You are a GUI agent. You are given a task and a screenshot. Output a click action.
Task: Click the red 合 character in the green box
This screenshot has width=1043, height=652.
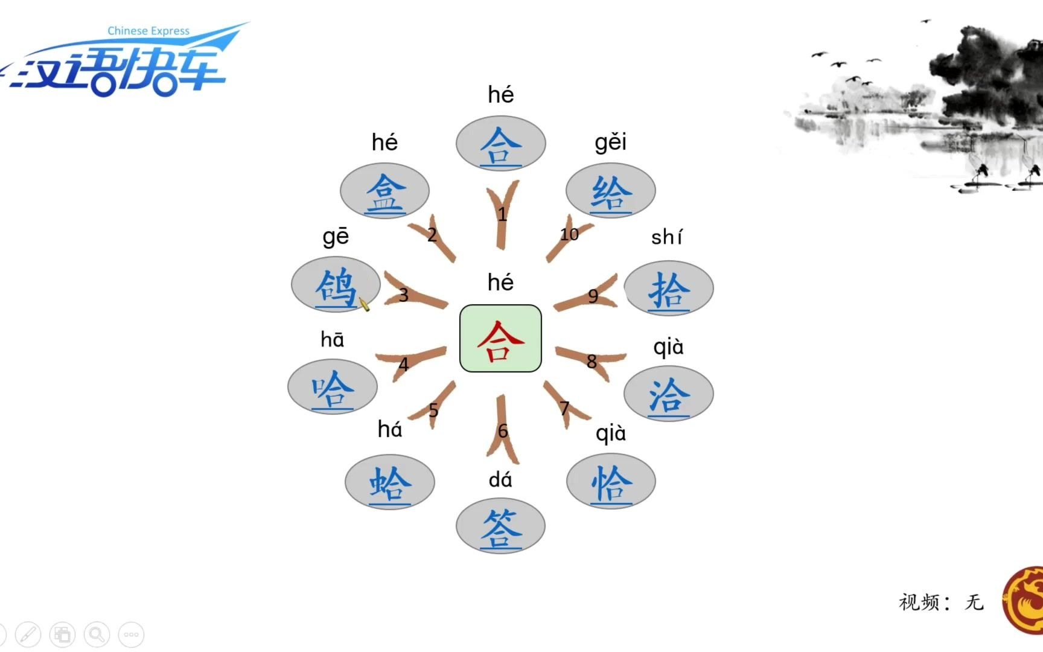500,339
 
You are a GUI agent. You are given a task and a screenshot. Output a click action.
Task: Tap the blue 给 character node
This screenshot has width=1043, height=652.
611,192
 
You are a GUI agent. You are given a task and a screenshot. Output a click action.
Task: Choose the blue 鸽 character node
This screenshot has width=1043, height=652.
336,286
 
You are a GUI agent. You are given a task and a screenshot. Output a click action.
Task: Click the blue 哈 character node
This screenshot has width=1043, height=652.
333,389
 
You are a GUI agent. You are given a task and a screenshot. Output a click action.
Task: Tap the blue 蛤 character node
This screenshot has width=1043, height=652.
390,484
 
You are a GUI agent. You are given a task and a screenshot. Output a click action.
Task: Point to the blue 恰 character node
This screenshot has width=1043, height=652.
611,483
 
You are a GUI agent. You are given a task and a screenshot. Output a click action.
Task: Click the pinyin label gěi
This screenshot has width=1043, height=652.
611,142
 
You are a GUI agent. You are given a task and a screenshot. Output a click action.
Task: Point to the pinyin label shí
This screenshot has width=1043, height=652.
667,237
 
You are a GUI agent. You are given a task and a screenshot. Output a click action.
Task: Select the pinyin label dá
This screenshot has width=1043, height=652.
500,480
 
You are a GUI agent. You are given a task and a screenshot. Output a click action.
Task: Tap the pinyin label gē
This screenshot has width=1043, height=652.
336,237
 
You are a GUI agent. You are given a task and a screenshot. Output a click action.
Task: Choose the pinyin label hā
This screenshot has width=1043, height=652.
333,340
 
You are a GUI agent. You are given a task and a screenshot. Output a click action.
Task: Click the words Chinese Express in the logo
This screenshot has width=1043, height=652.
148,31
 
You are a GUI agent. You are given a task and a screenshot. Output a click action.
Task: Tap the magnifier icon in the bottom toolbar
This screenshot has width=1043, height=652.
97,634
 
